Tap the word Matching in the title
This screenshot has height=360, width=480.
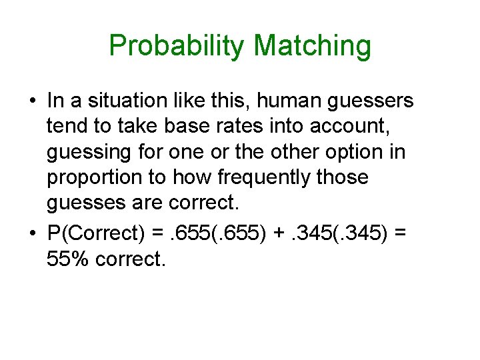click(313, 47)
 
